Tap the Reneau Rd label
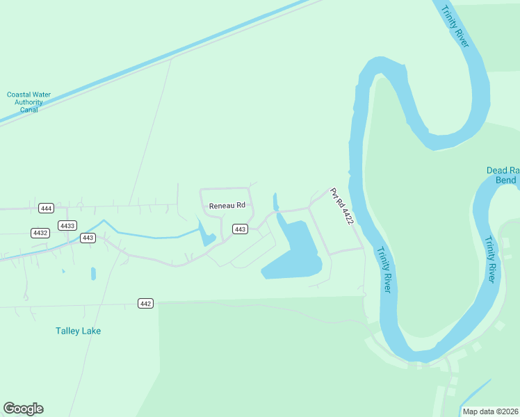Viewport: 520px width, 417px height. [x=227, y=206]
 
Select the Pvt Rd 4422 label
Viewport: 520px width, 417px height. [x=342, y=206]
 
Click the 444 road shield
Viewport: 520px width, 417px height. [x=47, y=208]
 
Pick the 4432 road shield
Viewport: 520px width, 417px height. [x=40, y=233]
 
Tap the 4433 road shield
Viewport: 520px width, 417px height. [x=67, y=226]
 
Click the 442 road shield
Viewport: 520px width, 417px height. [x=145, y=304]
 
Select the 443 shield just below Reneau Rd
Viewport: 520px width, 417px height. [x=240, y=229]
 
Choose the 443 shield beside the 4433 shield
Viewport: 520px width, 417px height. [x=87, y=238]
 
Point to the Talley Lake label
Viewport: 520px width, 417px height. [x=78, y=331]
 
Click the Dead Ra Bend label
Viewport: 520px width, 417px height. [x=501, y=175]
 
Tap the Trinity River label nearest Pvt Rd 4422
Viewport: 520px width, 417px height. [x=383, y=270]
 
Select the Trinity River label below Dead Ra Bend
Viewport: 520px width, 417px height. [x=491, y=259]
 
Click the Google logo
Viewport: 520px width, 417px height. [x=23, y=409]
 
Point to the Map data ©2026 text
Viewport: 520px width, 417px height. [x=489, y=411]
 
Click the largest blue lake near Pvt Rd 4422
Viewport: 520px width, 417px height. [x=295, y=254]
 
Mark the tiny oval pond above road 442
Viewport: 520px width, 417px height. [x=93, y=274]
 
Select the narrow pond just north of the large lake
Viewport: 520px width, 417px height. [x=275, y=202]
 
